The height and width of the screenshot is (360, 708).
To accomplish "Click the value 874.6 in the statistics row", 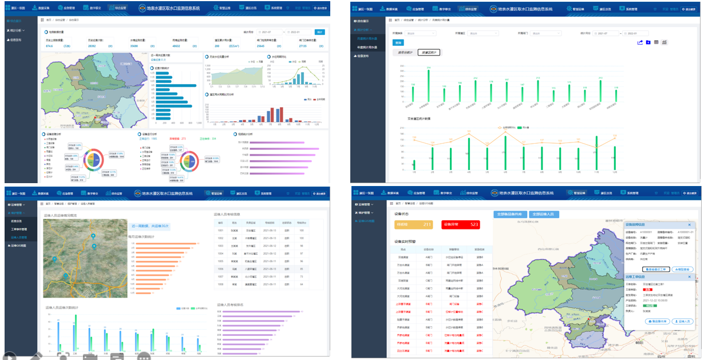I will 49,45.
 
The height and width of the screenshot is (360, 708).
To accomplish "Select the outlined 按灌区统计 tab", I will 429,53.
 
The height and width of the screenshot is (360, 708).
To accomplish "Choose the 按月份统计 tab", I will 405,53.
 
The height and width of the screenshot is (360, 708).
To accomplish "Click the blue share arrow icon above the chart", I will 640,42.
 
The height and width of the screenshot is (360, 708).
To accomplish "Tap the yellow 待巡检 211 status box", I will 413,224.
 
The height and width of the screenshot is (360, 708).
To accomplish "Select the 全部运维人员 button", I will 544,214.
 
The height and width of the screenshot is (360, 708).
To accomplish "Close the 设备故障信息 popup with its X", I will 690,225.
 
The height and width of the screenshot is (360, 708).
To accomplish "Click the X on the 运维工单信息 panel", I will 690,277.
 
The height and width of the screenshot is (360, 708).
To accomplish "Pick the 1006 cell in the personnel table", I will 220,268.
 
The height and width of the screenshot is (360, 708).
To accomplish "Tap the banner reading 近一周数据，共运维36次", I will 149,226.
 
